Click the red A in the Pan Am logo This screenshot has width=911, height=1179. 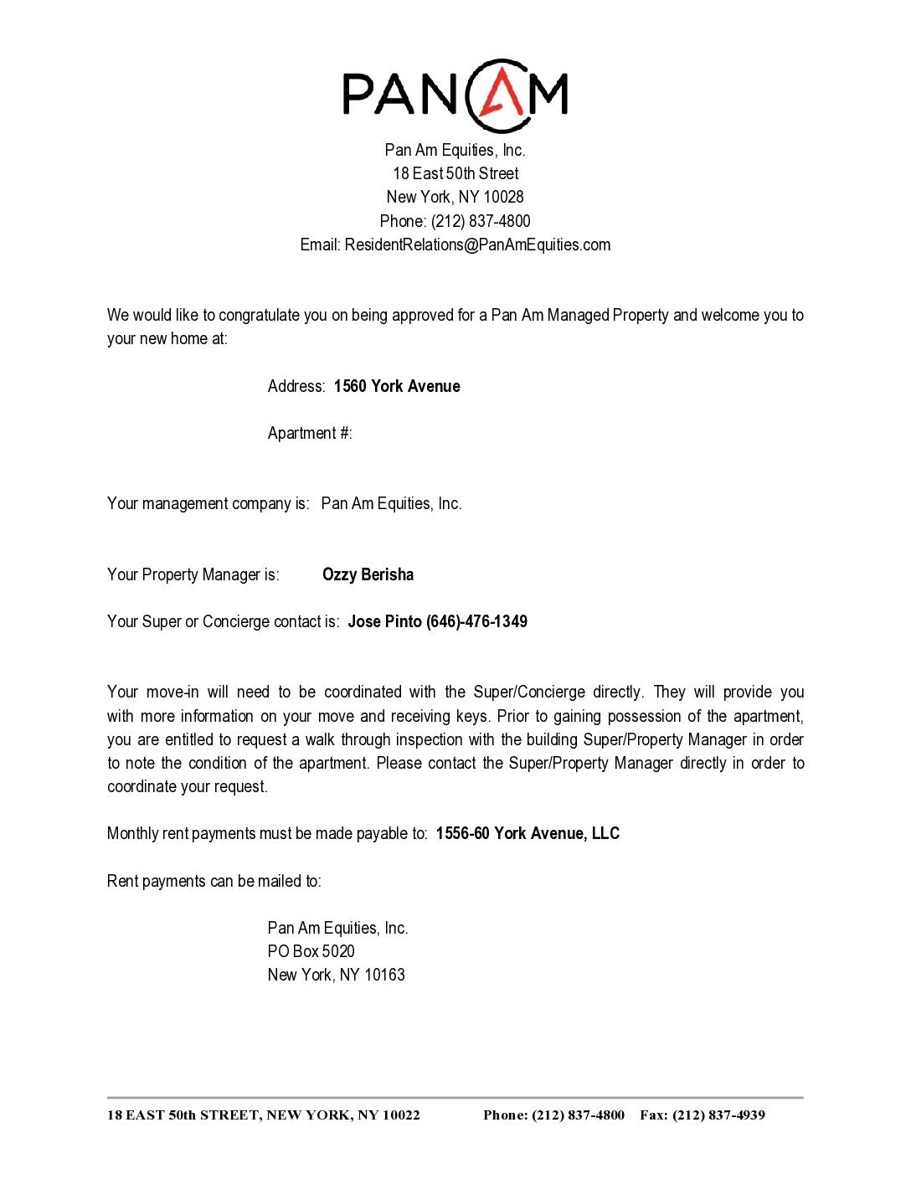pyautogui.click(x=501, y=93)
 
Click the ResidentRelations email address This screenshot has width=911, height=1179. pyautogui.click(x=477, y=245)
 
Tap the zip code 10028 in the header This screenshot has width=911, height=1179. pyautogui.click(x=503, y=198)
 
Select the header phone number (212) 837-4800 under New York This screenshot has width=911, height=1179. pyautogui.click(x=481, y=222)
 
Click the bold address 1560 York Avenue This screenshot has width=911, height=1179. pyautogui.click(x=397, y=387)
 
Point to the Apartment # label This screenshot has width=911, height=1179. pyautogui.click(x=310, y=434)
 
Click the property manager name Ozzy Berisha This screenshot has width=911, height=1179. pyautogui.click(x=368, y=575)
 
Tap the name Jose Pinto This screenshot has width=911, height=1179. pyautogui.click(x=384, y=622)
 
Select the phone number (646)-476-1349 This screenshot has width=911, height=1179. pyautogui.click(x=476, y=622)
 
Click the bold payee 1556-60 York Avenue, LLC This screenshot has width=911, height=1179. pyautogui.click(x=528, y=834)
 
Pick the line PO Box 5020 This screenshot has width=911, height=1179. pyautogui.click(x=311, y=952)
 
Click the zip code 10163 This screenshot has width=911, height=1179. pyautogui.click(x=384, y=976)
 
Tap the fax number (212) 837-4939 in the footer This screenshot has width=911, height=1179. pyautogui.click(x=718, y=1115)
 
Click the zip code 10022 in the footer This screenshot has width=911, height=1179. pyautogui.click(x=401, y=1115)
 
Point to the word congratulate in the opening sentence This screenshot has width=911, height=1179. pyautogui.click(x=259, y=316)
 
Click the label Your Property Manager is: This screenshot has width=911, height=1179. pyautogui.click(x=193, y=575)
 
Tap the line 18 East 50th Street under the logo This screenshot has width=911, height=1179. pyautogui.click(x=455, y=174)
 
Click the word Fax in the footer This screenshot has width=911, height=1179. pyautogui.click(x=653, y=1115)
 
